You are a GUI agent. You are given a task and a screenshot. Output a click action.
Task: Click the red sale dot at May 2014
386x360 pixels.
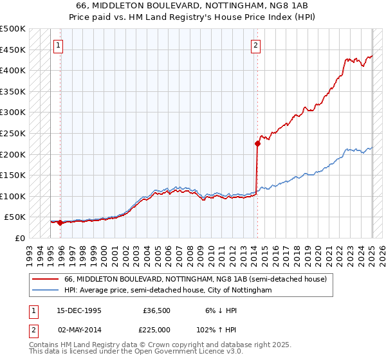pos(257,144)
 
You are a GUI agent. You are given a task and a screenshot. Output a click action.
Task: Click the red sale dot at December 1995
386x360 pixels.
pos(60,223)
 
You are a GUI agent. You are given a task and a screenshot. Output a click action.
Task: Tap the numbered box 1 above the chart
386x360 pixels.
pos(59,45)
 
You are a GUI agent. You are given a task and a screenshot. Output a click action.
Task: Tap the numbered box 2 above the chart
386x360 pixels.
pos(256,45)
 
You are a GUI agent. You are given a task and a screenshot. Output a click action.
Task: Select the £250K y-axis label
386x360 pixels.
pos(13,133)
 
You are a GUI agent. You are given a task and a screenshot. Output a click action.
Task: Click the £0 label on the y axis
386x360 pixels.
pos(21,238)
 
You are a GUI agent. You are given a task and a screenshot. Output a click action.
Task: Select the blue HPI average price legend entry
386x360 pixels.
pos(168,291)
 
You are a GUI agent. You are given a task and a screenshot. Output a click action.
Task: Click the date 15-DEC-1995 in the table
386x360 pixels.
pos(79,310)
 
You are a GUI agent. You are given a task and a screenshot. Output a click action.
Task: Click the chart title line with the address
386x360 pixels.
pos(192,5)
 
